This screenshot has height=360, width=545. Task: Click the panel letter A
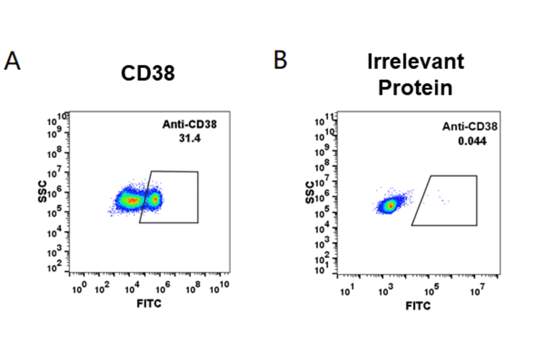(x=12, y=61)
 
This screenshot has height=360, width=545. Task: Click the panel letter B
(x=280, y=59)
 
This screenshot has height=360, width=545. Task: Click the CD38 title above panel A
(x=148, y=74)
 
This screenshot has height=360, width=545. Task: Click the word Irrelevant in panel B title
(x=415, y=61)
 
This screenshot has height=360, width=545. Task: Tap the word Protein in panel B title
(x=415, y=87)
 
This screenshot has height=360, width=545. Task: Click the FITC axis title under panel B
(x=418, y=306)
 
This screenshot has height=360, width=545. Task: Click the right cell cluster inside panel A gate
(x=155, y=199)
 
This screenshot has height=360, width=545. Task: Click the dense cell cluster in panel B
(x=390, y=206)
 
